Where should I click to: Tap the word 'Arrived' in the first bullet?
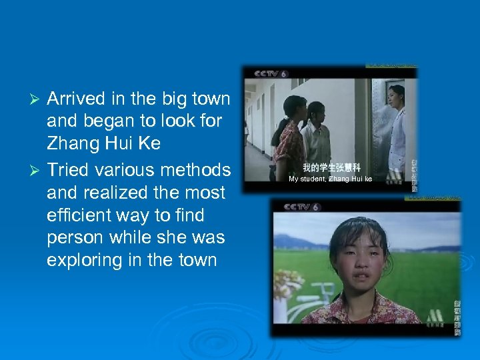(76, 99)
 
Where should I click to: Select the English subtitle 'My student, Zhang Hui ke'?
(330, 179)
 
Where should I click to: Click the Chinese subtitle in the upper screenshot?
(331, 167)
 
